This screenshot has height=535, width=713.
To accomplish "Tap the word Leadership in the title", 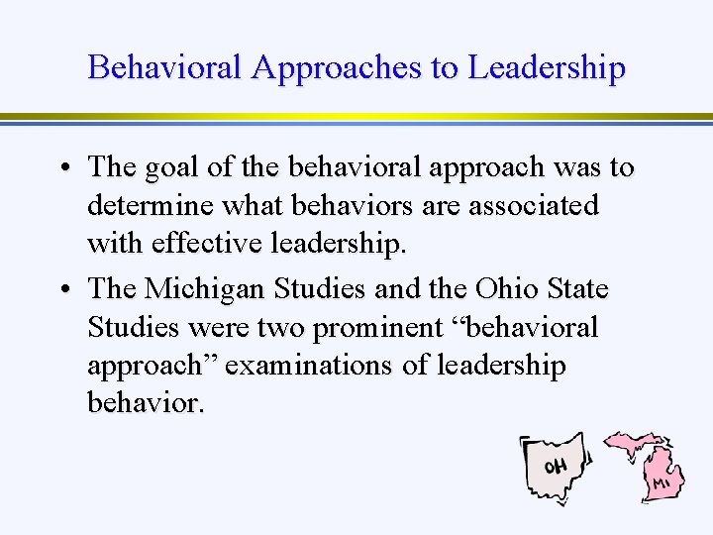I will [x=547, y=67].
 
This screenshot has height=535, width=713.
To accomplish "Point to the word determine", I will [x=149, y=206].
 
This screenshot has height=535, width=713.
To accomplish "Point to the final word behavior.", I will [x=145, y=403].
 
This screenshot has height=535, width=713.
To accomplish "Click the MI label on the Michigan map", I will [x=662, y=483].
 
